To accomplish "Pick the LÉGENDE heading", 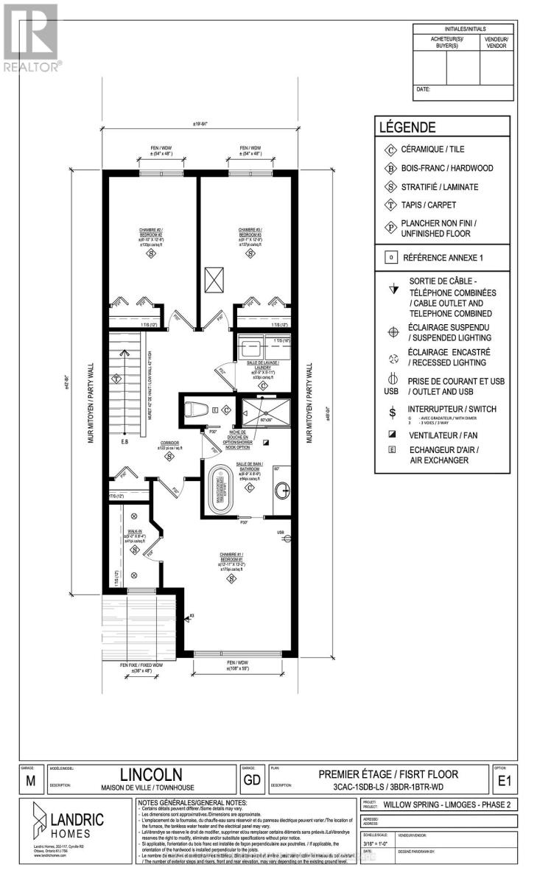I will [x=407, y=127].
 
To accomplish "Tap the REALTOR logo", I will [x=31, y=37].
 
